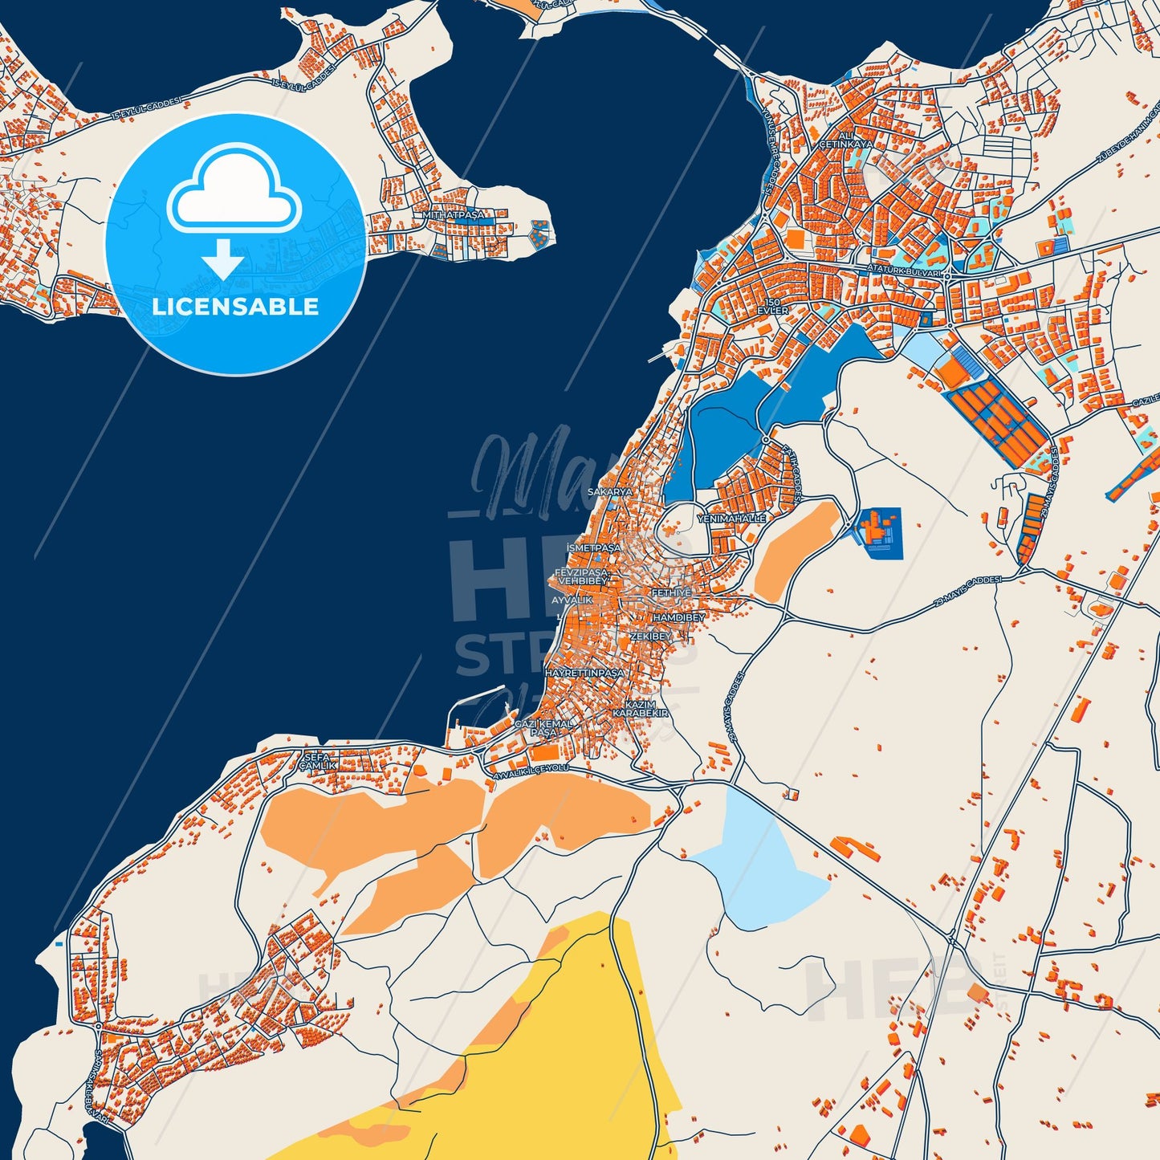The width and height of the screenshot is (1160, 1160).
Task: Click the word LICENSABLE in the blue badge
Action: click(235, 306)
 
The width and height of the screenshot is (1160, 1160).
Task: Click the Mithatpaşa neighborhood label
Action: click(454, 215)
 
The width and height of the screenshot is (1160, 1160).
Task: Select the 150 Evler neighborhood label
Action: click(773, 305)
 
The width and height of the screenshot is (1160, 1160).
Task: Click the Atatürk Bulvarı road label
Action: click(904, 271)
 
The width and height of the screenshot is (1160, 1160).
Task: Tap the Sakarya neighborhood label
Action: click(610, 491)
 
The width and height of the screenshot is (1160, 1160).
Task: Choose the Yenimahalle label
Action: click(731, 519)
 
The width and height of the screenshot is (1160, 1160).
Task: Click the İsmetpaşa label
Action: click(594, 547)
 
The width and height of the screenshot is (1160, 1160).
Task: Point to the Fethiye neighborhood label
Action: click(671, 592)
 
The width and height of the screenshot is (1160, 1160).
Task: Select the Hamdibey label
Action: click(679, 617)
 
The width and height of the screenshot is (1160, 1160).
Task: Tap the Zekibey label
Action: click(650, 636)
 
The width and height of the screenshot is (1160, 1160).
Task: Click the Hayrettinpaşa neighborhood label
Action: click(584, 673)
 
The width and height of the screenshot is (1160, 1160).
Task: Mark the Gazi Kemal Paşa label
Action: click(543, 728)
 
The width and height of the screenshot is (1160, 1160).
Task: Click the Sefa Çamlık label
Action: click(317, 761)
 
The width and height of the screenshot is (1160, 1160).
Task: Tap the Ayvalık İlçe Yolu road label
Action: click(531, 772)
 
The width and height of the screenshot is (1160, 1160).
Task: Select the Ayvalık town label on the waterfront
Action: click(572, 600)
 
